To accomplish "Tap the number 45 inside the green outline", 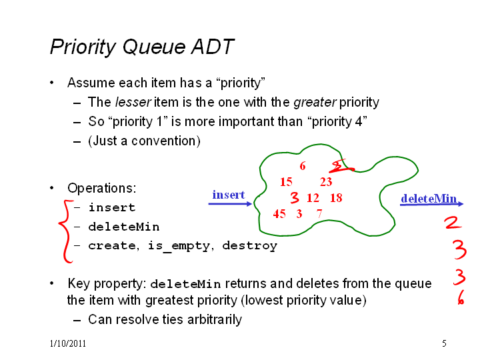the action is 279,214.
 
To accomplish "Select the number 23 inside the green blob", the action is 326,182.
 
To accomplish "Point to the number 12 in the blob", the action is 313,198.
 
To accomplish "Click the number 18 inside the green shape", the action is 336,198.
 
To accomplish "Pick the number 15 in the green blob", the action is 286,182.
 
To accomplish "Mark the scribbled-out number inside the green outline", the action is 341,166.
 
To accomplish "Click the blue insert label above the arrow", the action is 229,195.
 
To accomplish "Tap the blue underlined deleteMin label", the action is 429,199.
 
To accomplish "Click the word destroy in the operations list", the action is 250,246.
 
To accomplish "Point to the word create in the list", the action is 113,246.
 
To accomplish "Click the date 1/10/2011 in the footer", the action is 67,343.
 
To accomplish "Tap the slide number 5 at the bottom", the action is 444,343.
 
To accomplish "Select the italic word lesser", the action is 133,102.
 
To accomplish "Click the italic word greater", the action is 315,103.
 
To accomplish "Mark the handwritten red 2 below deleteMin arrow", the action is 453,222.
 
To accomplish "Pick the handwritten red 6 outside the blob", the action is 461,297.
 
